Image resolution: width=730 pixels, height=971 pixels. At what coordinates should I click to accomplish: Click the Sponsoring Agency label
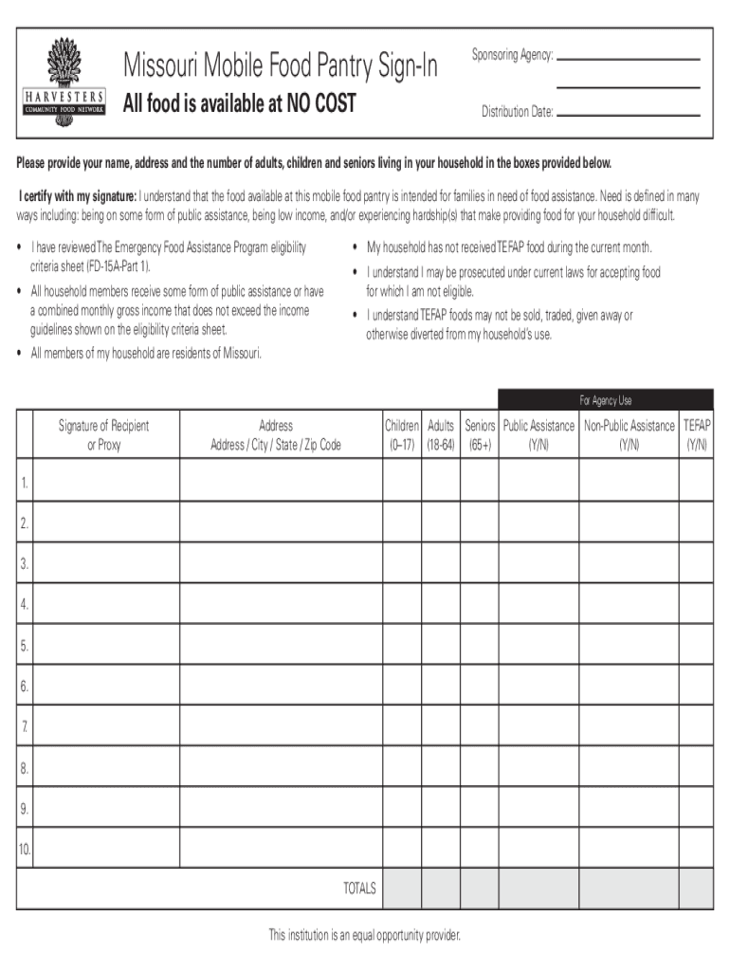tap(512, 55)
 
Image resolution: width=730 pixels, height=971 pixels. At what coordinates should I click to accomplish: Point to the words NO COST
tap(316, 103)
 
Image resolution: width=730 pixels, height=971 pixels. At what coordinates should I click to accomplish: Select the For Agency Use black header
tap(606, 400)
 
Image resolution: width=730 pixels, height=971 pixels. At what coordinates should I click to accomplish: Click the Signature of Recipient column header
tap(104, 434)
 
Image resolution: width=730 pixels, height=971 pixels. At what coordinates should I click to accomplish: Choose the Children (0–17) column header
tap(402, 434)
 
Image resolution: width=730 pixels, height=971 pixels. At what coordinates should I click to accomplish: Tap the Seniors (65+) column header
tap(480, 434)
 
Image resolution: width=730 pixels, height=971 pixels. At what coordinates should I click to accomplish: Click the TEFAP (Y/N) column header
tap(697, 434)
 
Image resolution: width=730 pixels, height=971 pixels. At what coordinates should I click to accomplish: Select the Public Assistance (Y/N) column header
tap(538, 434)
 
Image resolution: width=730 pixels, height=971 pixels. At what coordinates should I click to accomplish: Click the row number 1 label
tap(24, 484)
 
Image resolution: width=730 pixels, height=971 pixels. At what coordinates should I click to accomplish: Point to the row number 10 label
tap(24, 850)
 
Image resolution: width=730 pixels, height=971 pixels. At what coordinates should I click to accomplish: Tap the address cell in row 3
tap(280, 563)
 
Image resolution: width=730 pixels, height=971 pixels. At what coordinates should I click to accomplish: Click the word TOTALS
tap(359, 889)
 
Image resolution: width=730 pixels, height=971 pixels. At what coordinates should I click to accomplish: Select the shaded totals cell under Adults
tap(441, 889)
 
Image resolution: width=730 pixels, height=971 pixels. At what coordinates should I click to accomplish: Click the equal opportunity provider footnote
tap(364, 936)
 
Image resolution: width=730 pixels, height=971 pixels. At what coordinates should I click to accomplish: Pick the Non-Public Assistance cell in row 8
tap(629, 767)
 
